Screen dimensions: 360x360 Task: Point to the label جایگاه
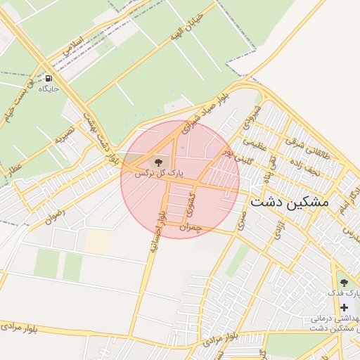click(49, 89)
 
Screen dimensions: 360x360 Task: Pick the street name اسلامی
click(73, 48)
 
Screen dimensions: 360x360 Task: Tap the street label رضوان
click(55, 209)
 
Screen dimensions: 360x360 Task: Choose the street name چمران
click(191, 227)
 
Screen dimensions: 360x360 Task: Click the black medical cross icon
click(344, 308)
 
